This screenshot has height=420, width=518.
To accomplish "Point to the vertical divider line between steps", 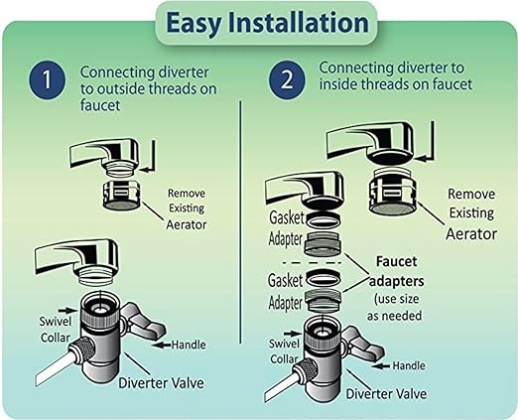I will tap(240, 248).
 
